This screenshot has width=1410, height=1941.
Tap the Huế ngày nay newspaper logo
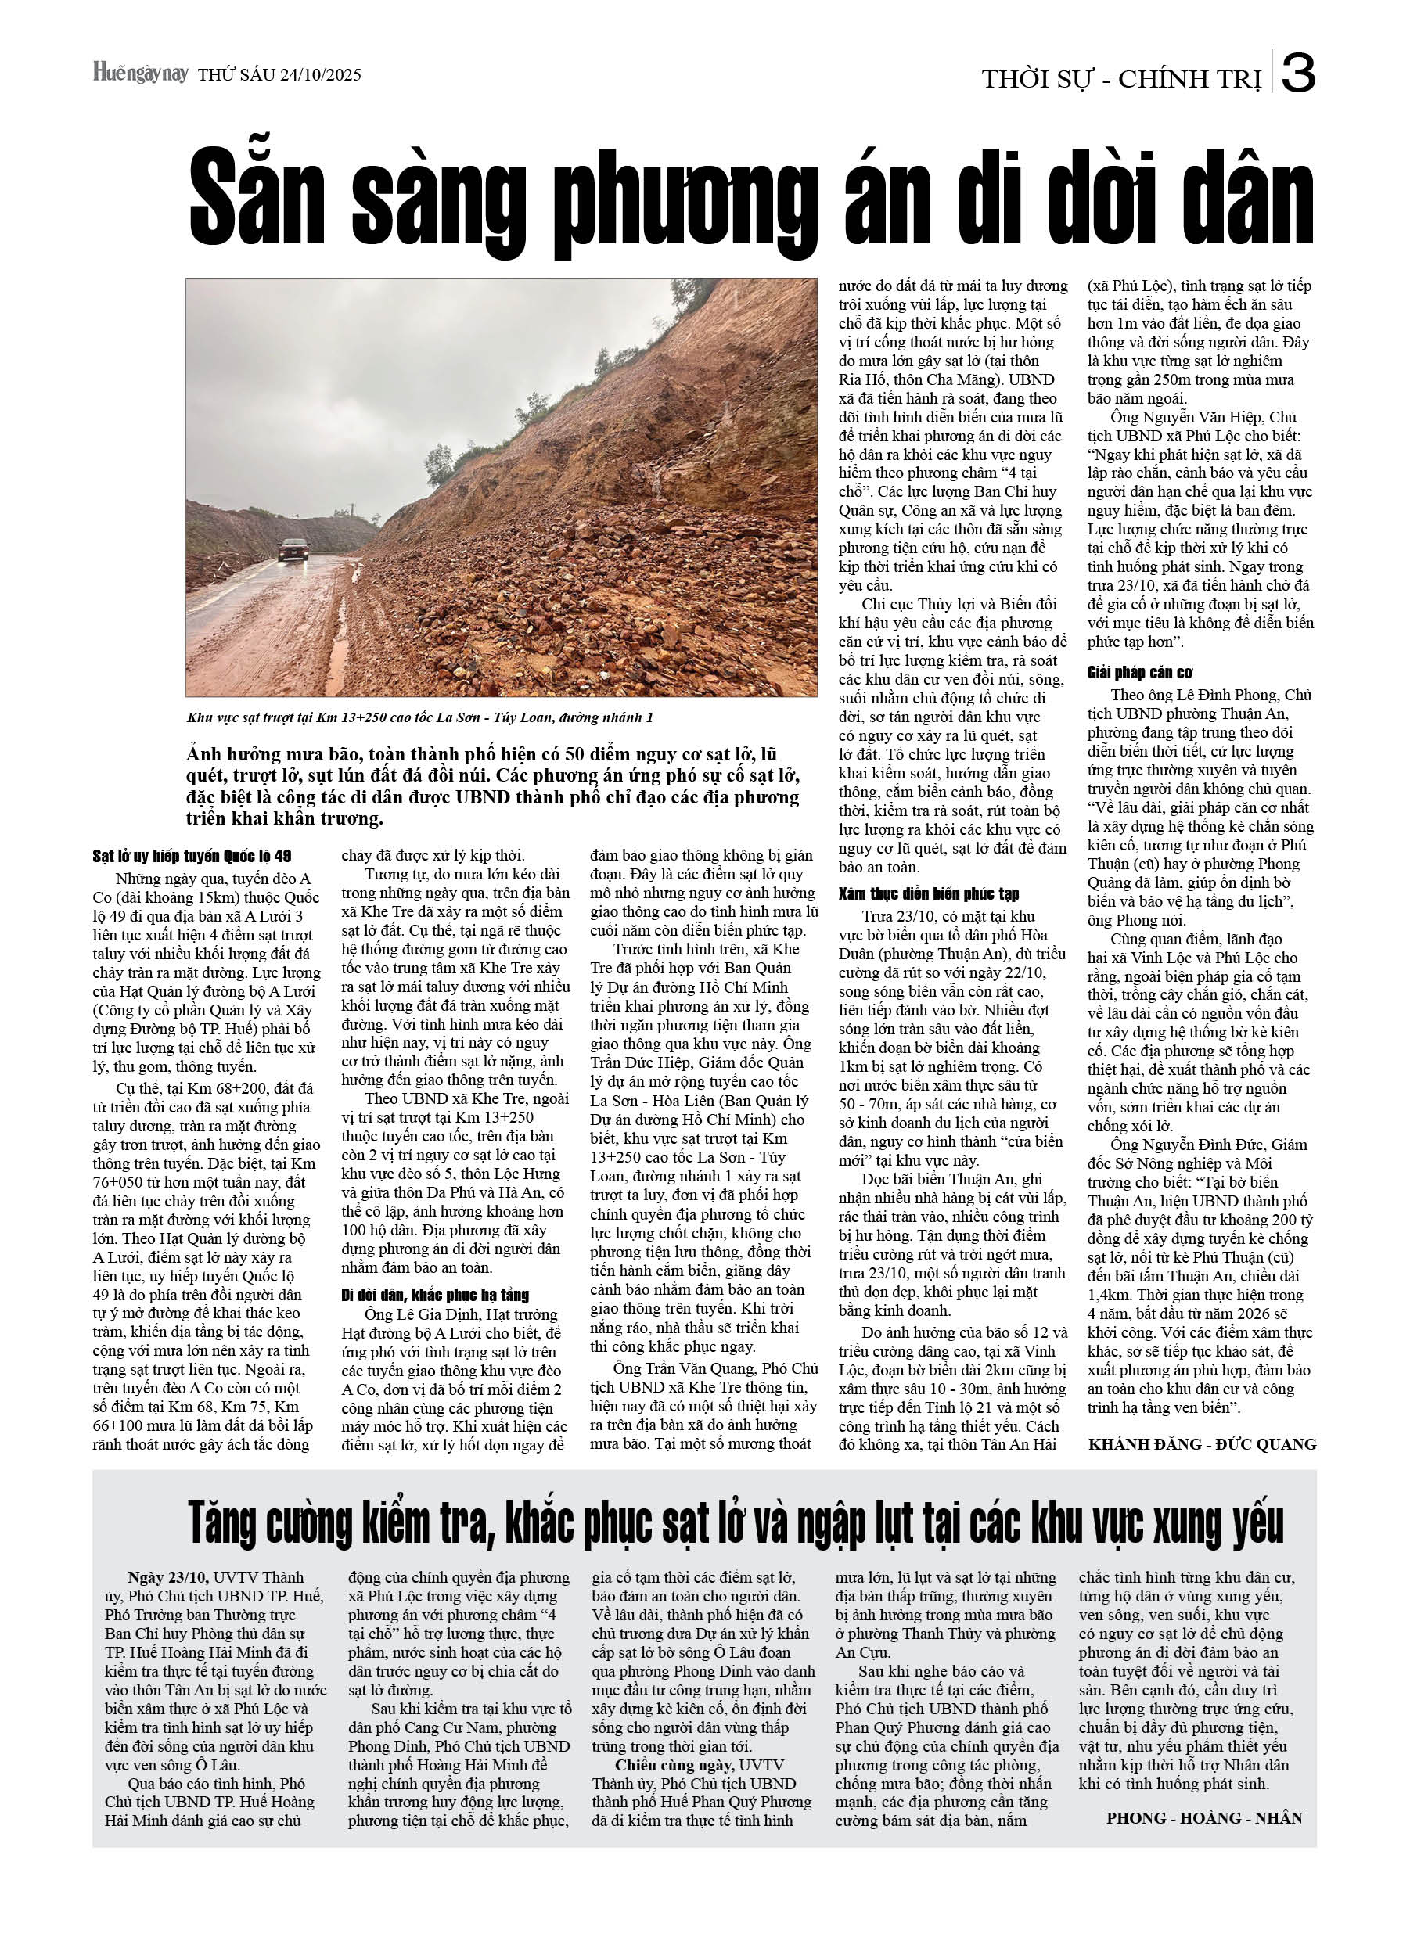click(140, 74)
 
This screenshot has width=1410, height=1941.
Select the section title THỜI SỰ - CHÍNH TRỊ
click(1120, 80)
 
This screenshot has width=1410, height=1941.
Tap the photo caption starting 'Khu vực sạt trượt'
click(419, 717)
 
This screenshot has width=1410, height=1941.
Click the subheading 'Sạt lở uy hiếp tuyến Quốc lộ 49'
click(192, 857)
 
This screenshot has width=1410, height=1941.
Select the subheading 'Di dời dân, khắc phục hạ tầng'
click(435, 1295)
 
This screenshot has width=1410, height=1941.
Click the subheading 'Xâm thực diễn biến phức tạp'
click(929, 894)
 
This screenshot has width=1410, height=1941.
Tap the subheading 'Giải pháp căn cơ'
click(1139, 673)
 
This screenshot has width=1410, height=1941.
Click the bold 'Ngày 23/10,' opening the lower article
click(169, 1577)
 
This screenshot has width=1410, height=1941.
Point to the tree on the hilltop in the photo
click(437, 463)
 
